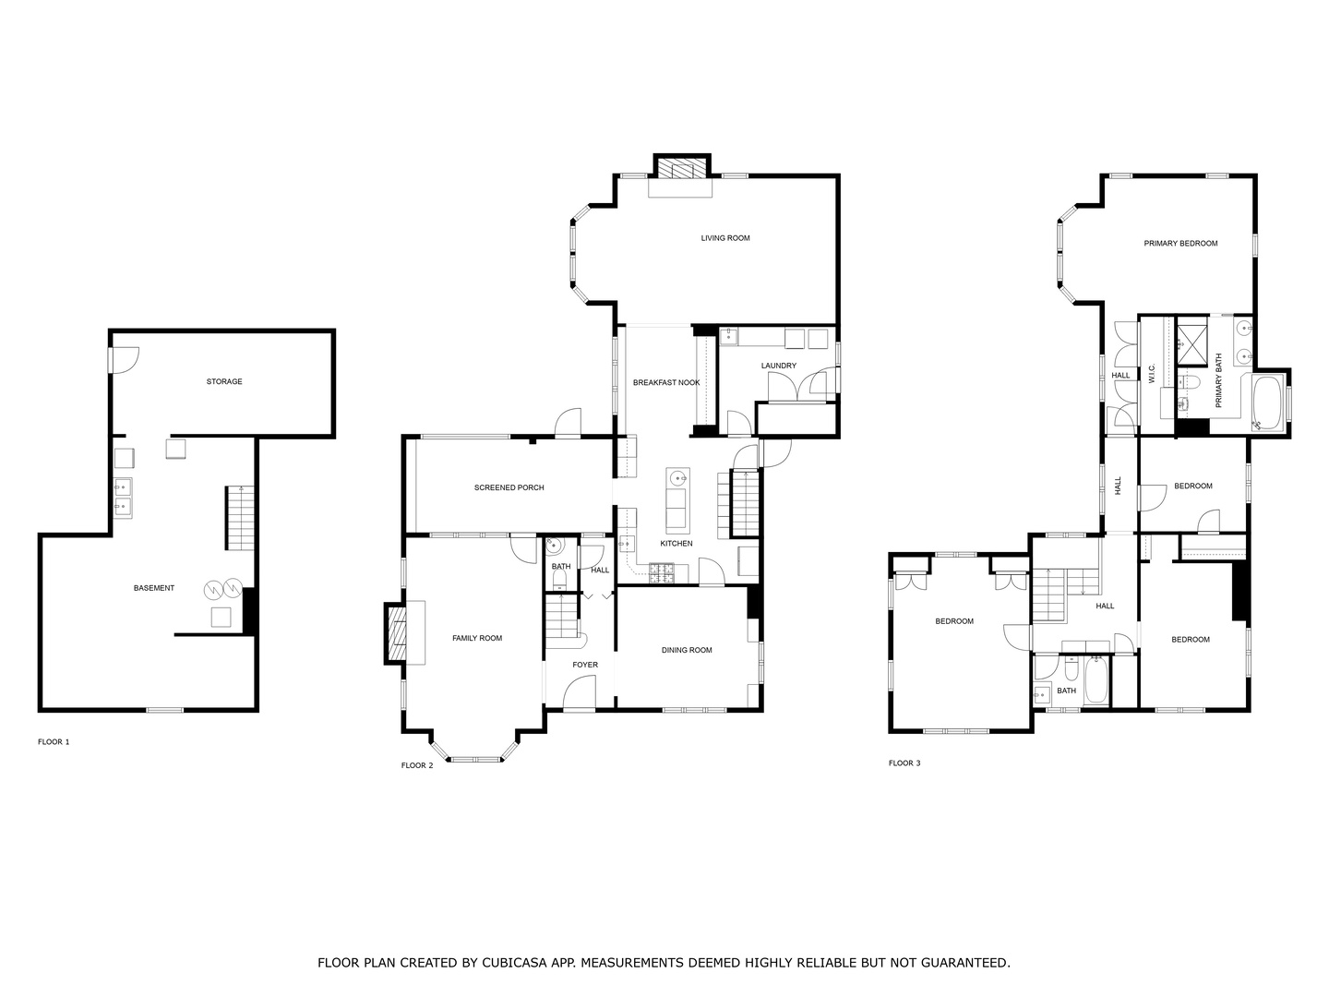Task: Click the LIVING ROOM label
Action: pyautogui.click(x=725, y=238)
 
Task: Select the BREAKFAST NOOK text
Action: pyautogui.click(x=666, y=382)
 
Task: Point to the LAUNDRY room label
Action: pyautogui.click(x=778, y=366)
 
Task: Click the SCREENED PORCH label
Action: pyautogui.click(x=509, y=487)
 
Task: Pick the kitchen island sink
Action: pyautogui.click(x=677, y=478)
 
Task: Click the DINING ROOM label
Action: pyautogui.click(x=687, y=650)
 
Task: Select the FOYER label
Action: pyautogui.click(x=585, y=665)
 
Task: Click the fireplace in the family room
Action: pyautogui.click(x=396, y=633)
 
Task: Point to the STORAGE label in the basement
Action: pyautogui.click(x=224, y=381)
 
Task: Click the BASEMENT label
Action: pyautogui.click(x=154, y=588)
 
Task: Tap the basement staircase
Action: pyautogui.click(x=240, y=520)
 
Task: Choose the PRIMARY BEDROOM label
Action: pyautogui.click(x=1180, y=244)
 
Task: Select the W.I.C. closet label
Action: pyautogui.click(x=1152, y=373)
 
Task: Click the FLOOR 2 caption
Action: pyautogui.click(x=417, y=765)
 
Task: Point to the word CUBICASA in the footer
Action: pyautogui.click(x=511, y=963)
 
